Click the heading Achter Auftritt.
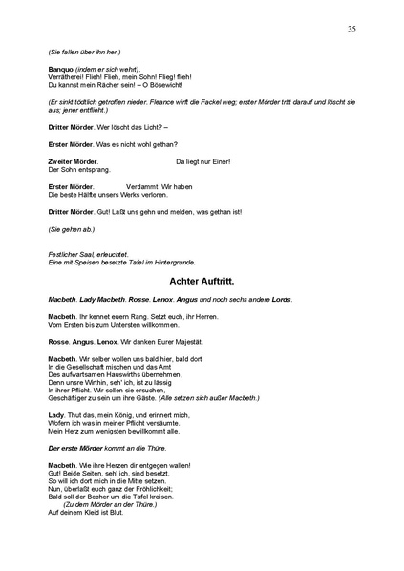tap(202, 283)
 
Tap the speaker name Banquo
tap(61, 70)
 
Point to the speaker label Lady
tap(57, 415)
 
